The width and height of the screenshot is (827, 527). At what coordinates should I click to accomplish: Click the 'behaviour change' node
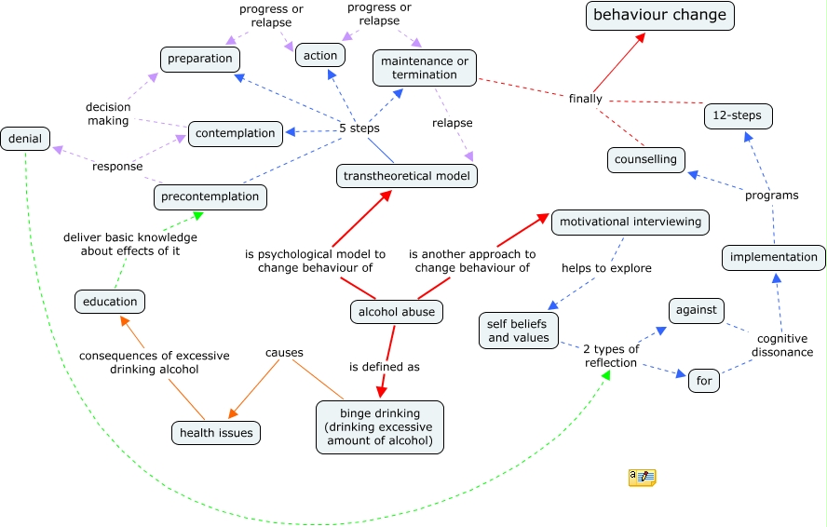(x=659, y=16)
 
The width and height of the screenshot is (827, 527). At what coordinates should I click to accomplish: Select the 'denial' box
(x=25, y=139)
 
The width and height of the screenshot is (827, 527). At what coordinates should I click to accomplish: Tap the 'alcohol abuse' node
(x=397, y=312)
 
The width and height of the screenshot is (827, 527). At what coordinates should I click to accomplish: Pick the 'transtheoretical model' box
(x=407, y=176)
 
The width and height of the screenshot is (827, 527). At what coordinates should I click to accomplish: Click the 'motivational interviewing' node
(x=630, y=223)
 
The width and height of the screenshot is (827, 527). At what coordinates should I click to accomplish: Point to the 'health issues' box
(x=216, y=433)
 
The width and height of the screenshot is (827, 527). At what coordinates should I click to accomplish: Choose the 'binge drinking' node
(x=380, y=427)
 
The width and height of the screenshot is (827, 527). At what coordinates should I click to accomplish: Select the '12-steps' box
(x=738, y=116)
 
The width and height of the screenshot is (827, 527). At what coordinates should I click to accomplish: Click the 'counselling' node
(x=646, y=160)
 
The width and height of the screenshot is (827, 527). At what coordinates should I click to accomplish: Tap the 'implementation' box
(x=774, y=257)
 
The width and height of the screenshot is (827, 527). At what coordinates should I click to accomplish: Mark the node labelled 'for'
(x=704, y=381)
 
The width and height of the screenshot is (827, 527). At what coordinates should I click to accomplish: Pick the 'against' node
(x=697, y=311)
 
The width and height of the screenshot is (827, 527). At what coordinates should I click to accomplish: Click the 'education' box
(x=110, y=302)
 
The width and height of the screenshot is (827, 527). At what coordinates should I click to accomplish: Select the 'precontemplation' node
(x=210, y=197)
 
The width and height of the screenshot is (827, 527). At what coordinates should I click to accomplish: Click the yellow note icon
(x=643, y=478)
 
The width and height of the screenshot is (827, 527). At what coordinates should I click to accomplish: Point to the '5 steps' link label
(x=359, y=128)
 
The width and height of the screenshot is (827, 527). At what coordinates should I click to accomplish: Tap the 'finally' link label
(x=586, y=99)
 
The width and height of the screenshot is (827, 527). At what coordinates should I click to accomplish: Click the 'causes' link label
(x=284, y=352)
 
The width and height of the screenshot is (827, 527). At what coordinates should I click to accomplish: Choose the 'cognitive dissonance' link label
(x=782, y=345)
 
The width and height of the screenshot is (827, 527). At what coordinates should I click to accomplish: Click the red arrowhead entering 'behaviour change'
(x=641, y=37)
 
